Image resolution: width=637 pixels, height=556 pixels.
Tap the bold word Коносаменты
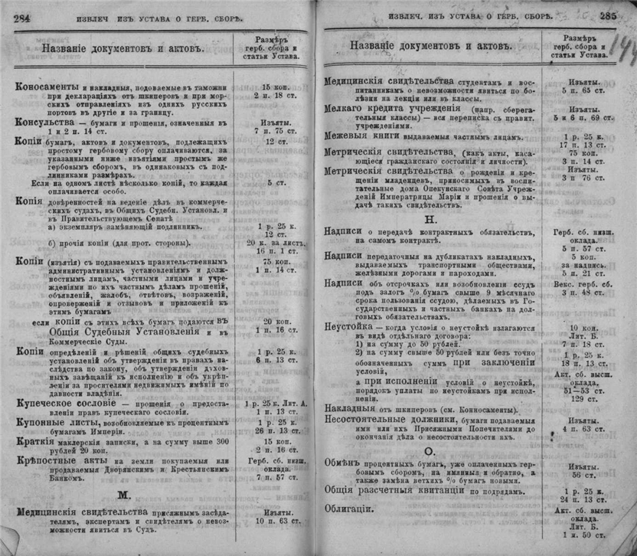point(47,87)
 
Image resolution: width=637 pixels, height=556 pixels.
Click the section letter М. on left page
point(123,495)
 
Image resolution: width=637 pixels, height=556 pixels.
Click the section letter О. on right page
point(430,451)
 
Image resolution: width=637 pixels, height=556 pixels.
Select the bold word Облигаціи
point(348,508)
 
